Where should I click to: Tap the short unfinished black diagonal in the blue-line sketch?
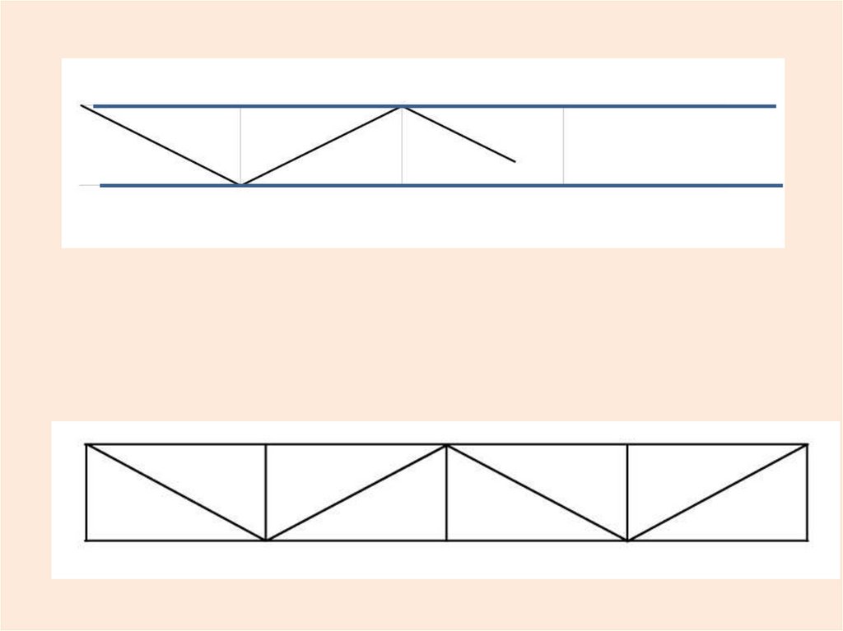pos(459,134)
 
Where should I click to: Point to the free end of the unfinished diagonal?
pos(515,161)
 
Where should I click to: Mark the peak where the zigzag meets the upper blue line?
pos(402,107)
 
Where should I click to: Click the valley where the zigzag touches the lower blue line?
pos(240,184)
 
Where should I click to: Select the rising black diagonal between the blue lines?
pos(321,146)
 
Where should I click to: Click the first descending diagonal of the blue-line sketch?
pos(161,145)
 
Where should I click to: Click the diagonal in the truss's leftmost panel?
pos(176,492)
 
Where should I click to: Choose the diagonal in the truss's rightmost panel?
pos(717,492)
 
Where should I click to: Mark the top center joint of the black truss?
pos(446,445)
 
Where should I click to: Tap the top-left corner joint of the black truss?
pos(86,445)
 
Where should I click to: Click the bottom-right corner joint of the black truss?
pos(807,540)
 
